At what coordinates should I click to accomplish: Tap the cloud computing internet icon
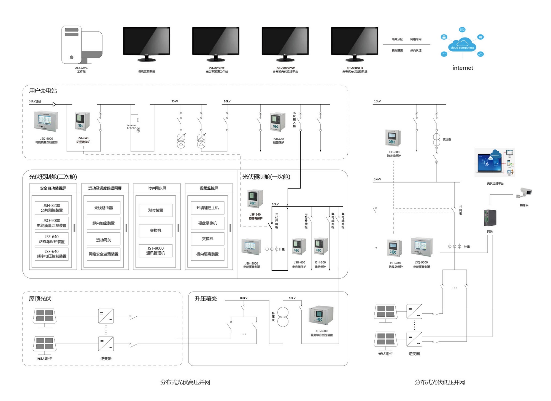tap(462, 44)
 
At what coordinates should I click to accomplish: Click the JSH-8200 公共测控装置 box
tap(52, 208)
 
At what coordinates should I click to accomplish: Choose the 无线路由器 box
tap(103, 208)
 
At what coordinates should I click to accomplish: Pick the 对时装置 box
tap(155, 210)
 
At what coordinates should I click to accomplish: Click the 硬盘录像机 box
tap(207, 223)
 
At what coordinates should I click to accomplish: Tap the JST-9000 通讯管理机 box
tap(155, 251)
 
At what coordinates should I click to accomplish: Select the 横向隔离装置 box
tap(207, 254)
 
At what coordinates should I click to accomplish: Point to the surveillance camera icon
tap(524, 193)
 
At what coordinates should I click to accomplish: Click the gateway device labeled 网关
tap(490, 218)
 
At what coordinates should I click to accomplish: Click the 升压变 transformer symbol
tap(283, 317)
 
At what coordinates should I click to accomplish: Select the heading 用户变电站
tap(43, 91)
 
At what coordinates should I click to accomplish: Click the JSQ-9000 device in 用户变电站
tap(46, 121)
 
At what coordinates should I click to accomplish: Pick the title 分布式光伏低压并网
tap(440, 382)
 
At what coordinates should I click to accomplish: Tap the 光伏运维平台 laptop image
tap(495, 162)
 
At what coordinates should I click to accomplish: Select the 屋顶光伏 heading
tap(40, 299)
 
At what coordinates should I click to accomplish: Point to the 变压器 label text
tap(447, 139)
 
